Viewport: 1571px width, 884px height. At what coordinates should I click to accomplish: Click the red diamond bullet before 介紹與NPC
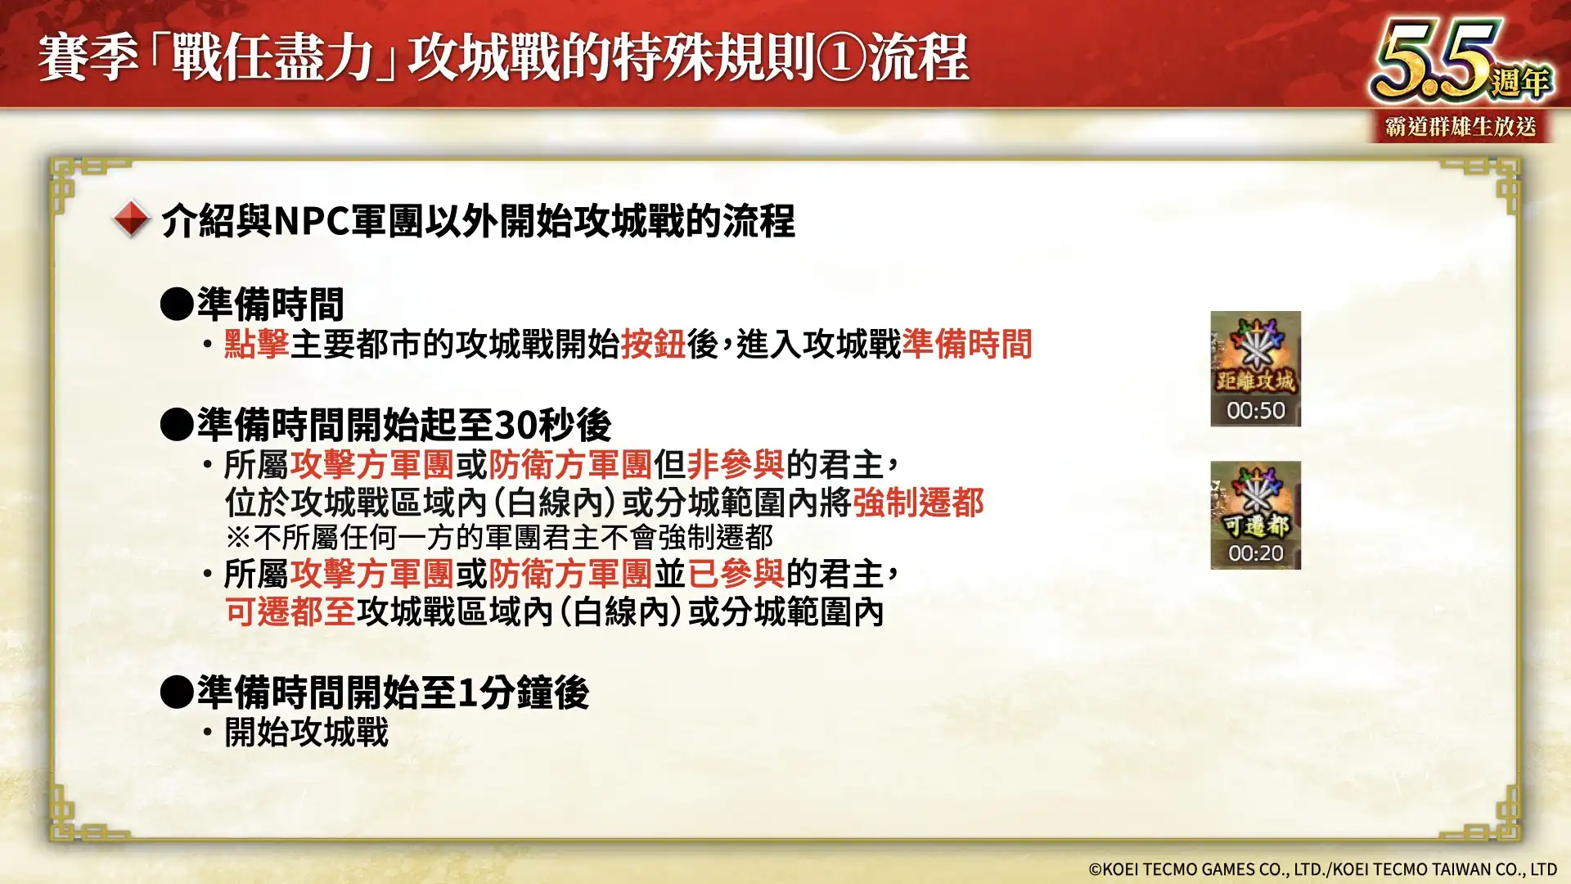click(x=131, y=219)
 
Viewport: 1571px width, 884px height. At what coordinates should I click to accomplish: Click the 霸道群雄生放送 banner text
click(x=1461, y=127)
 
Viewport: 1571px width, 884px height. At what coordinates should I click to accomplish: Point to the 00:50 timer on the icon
click(x=1255, y=410)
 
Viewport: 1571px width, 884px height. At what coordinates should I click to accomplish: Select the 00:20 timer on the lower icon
click(x=1255, y=553)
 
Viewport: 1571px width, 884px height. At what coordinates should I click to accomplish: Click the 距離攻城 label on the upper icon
click(x=1255, y=381)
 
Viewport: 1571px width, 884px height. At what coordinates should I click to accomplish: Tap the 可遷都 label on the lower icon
click(x=1255, y=525)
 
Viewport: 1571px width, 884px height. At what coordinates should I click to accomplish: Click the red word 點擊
click(x=256, y=344)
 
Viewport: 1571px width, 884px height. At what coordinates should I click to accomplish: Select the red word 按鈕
click(x=653, y=344)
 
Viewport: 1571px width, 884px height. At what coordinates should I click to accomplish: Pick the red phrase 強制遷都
click(x=918, y=502)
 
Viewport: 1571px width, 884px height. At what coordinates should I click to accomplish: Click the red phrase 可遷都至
click(x=290, y=611)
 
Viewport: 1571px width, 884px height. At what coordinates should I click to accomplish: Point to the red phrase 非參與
click(x=735, y=464)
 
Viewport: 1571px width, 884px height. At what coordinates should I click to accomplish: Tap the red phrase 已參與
click(x=735, y=574)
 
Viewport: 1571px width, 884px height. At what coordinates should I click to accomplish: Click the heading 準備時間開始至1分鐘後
click(x=393, y=692)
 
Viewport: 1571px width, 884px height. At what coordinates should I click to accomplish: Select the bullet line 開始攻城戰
click(x=306, y=732)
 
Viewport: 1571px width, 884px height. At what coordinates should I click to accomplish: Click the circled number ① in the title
click(x=841, y=58)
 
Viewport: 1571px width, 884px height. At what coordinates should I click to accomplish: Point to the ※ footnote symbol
click(x=238, y=538)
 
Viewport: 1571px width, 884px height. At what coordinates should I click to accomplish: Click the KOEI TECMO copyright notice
click(x=1321, y=869)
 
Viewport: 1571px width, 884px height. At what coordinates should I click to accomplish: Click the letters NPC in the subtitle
click(x=312, y=221)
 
